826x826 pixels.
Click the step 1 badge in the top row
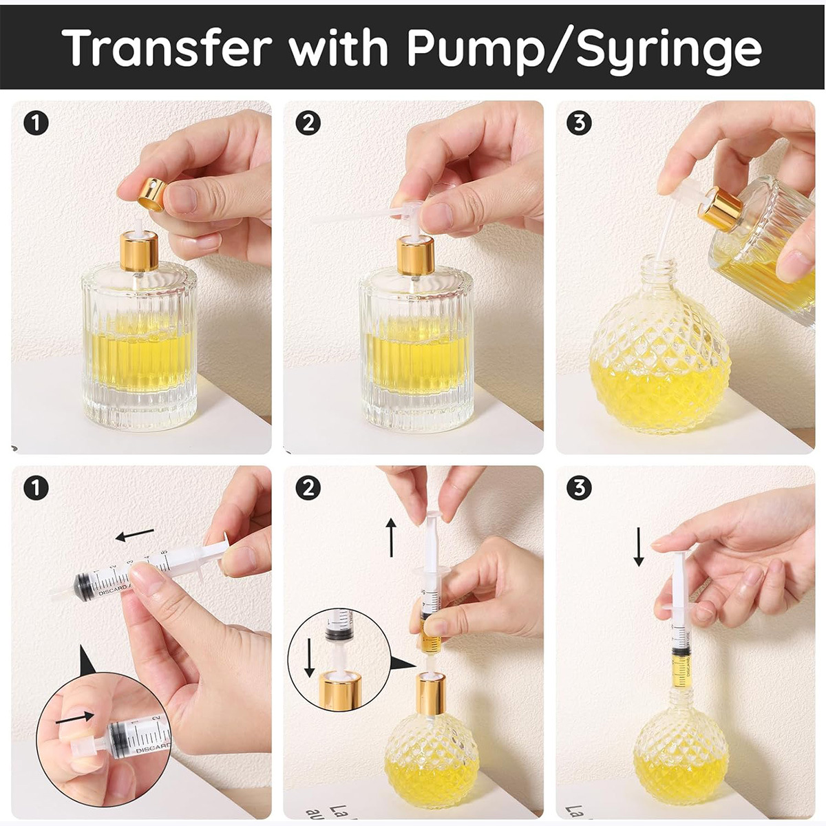pos(36,123)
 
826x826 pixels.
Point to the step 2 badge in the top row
pos(308,123)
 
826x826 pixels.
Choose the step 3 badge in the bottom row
pos(579,488)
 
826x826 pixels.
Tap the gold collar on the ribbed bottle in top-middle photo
pos(416,254)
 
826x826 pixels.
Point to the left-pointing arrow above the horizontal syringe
pos(134,535)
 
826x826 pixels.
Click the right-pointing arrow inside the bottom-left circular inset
pos(74,718)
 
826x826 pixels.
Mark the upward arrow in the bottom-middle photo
pos(391,538)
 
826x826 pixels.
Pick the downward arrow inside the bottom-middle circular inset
pos(309,658)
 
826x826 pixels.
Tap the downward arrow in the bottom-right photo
pos(639,547)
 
